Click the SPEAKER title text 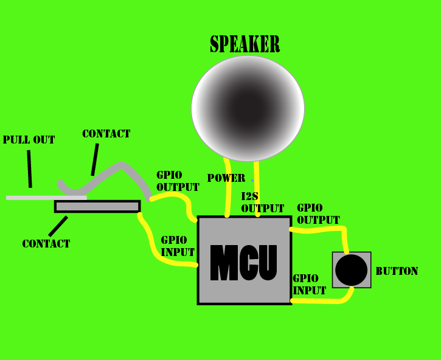(245, 44)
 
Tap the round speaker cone (248, 108)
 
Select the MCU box (245, 260)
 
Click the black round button (351, 270)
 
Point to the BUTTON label (397, 271)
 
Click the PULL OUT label (29, 140)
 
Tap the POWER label (226, 178)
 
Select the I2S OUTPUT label (262, 202)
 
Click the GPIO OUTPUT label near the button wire (318, 214)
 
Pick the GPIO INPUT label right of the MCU (309, 285)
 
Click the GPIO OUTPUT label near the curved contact (178, 181)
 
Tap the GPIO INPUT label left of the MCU (178, 246)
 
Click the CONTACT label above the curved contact (106, 134)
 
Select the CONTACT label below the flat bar (46, 244)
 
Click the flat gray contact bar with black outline (97, 207)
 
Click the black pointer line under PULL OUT (29, 169)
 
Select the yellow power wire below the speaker (229, 189)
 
